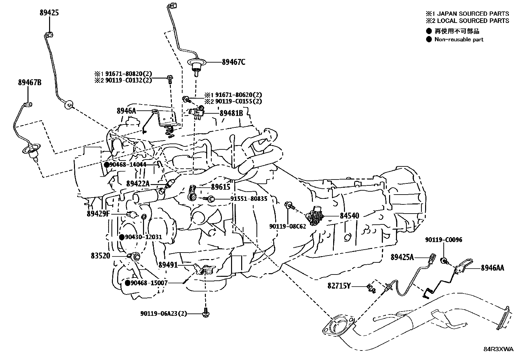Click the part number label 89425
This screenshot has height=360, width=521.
pyautogui.click(x=49, y=13)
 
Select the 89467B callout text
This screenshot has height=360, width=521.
pyautogui.click(x=30, y=83)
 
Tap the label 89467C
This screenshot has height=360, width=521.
pyautogui.click(x=234, y=62)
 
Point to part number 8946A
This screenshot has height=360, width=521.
pyautogui.click(x=126, y=111)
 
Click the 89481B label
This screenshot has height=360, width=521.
pyautogui.click(x=231, y=113)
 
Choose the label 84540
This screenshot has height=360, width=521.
pyautogui.click(x=350, y=216)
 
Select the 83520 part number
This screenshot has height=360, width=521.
pyautogui.click(x=100, y=256)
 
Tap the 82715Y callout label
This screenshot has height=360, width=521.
pyautogui.click(x=339, y=286)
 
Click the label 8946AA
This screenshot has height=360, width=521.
pyautogui.click(x=493, y=268)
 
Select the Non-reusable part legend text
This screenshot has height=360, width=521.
pyautogui.click(x=459, y=40)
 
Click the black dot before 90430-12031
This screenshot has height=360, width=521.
pyautogui.click(x=122, y=237)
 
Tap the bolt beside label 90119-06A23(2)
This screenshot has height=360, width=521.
pyautogui.click(x=206, y=313)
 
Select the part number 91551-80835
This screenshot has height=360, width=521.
pyautogui.click(x=249, y=199)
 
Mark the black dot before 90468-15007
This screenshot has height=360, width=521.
pyautogui.click(x=127, y=283)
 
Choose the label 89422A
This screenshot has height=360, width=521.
pyautogui.click(x=138, y=184)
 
